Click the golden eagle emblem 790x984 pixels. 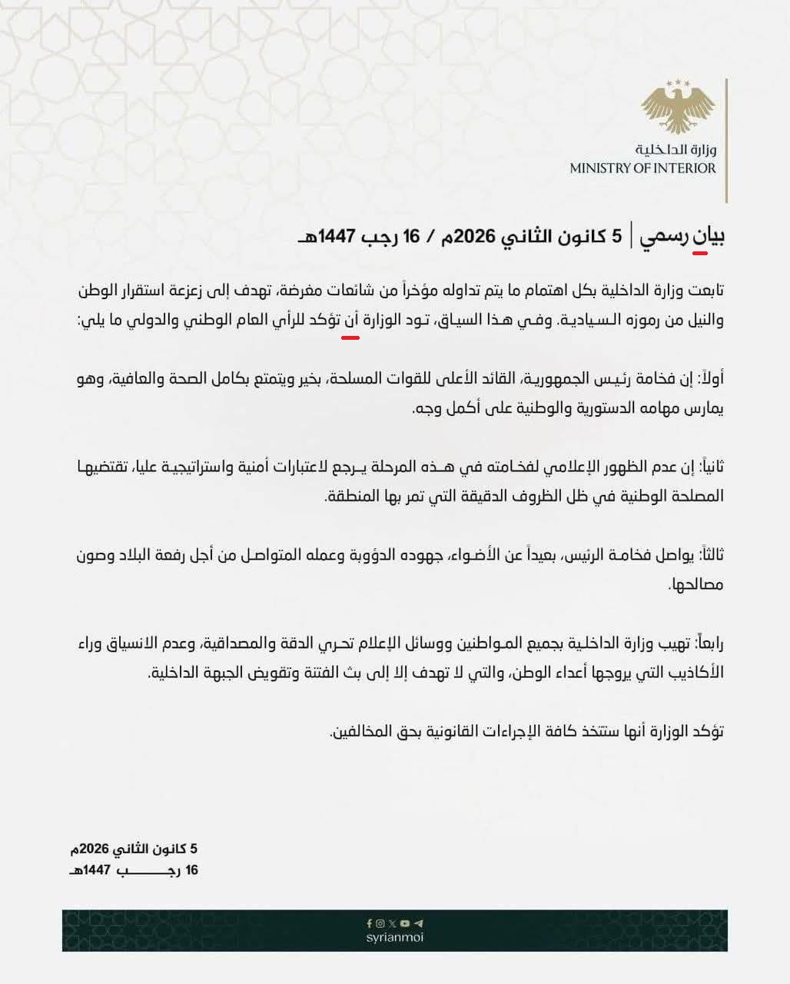(678, 108)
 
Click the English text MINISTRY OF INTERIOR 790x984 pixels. (642, 168)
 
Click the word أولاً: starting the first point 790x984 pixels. (711, 378)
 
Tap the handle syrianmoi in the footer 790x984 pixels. (395, 937)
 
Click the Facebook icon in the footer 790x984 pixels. (369, 923)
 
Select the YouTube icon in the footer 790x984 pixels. (406, 923)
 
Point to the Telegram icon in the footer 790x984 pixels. (419, 923)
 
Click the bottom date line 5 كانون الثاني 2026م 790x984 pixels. (134, 849)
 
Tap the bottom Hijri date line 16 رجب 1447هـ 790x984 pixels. (134, 870)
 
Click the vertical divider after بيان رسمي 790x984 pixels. (632, 235)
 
